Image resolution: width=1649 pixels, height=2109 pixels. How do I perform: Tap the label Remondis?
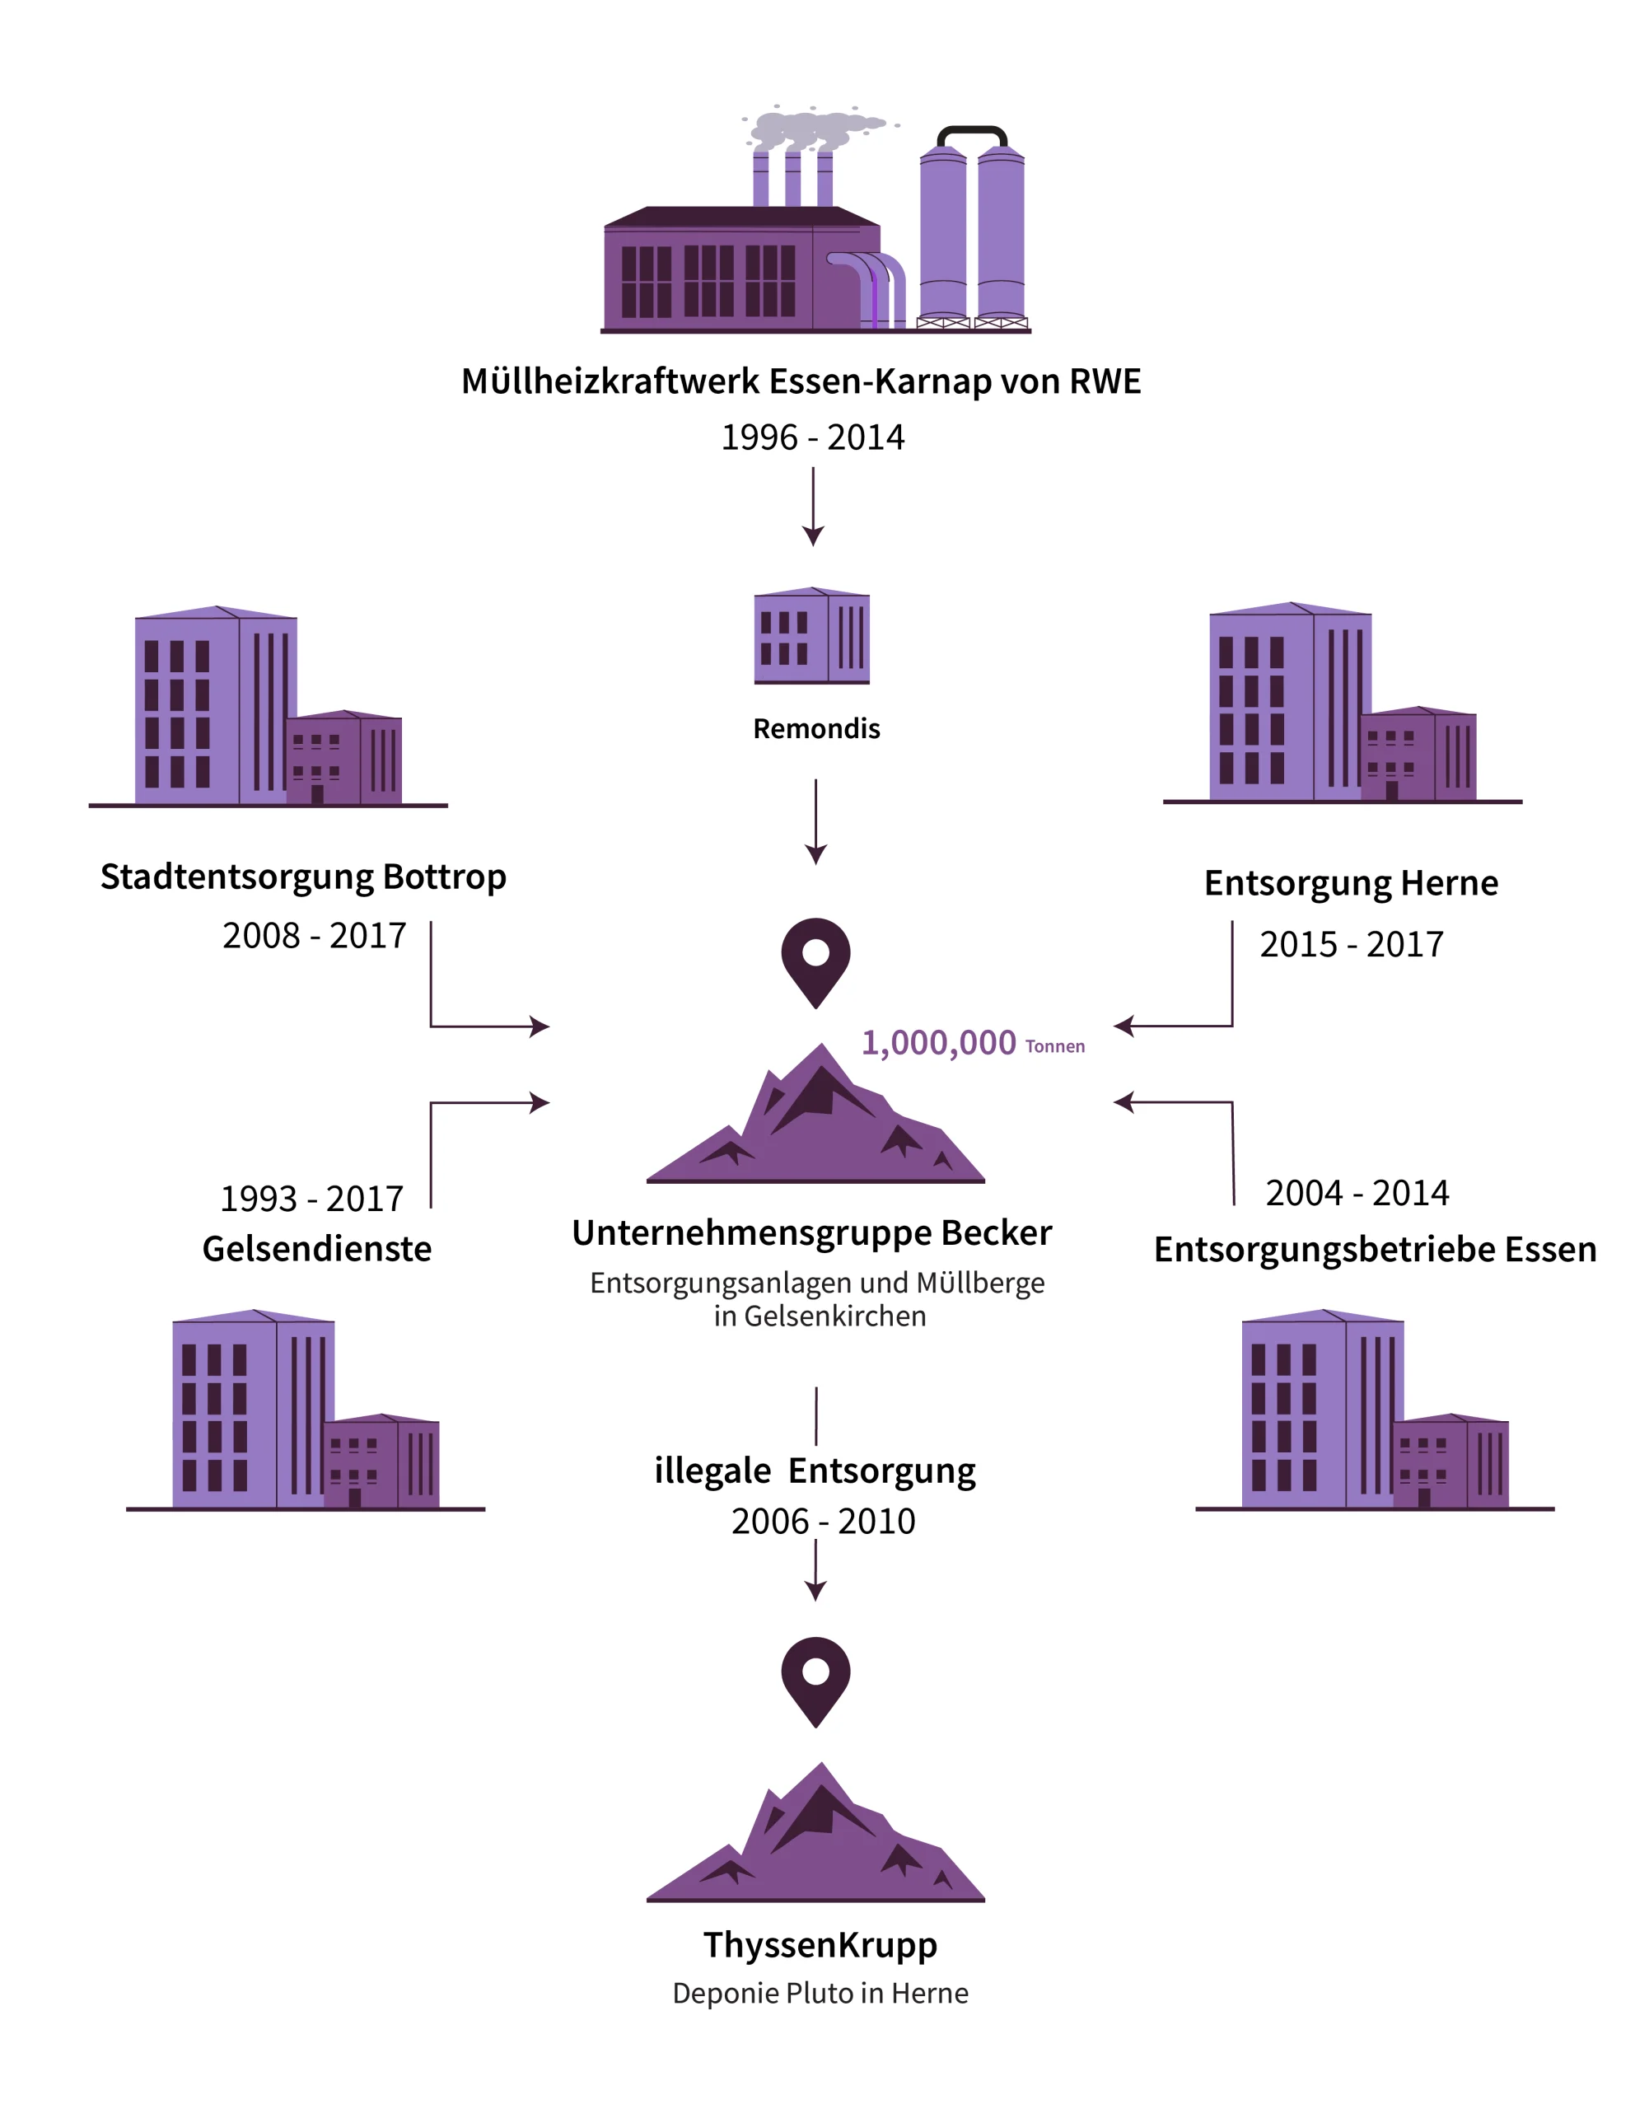(815, 728)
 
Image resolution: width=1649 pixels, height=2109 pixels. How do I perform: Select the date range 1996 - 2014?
(813, 437)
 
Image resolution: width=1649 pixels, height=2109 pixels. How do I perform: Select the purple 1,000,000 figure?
(938, 1043)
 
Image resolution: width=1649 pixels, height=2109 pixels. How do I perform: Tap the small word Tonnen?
(1055, 1047)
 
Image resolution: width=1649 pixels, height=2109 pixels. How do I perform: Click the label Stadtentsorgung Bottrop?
(303, 877)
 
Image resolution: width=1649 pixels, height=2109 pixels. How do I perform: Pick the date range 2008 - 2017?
(314, 936)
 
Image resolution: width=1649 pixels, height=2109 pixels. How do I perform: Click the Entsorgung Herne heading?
(1351, 882)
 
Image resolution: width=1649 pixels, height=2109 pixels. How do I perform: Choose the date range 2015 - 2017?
(1351, 944)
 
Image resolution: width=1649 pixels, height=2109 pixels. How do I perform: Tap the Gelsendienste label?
(316, 1249)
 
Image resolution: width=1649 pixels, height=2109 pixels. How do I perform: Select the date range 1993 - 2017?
(312, 1199)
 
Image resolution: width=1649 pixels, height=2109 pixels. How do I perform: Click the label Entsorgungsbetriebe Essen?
(1375, 1250)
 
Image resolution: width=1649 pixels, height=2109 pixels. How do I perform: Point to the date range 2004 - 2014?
(1357, 1194)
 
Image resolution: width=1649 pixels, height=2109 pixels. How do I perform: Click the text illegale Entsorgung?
(815, 1471)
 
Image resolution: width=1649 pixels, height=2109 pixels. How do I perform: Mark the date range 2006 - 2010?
(823, 1522)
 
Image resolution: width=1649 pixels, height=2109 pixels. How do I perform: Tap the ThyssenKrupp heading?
(820, 1945)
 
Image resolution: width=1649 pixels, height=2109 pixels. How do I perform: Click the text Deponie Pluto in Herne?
(820, 1993)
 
